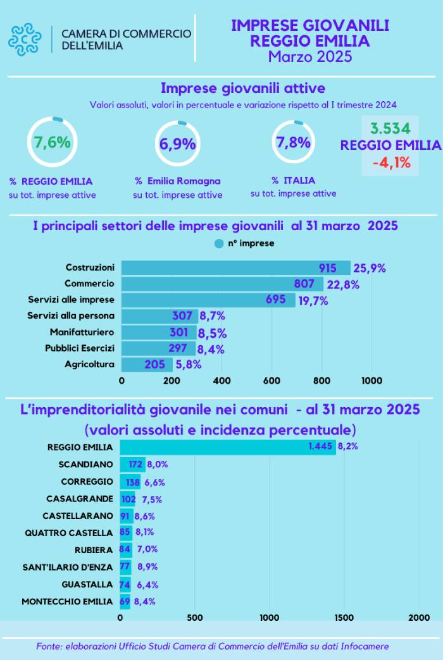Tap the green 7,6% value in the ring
click(x=53, y=142)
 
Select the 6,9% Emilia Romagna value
click(x=177, y=144)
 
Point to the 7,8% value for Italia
click(x=293, y=142)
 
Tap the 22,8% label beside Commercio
click(x=343, y=284)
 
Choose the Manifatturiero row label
click(x=82, y=332)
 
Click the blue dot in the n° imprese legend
click(x=219, y=243)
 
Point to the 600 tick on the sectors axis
click(x=271, y=381)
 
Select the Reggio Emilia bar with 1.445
click(x=228, y=448)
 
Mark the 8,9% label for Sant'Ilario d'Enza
click(x=147, y=566)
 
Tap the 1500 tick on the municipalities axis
click(x=344, y=617)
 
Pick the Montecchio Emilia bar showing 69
click(x=125, y=601)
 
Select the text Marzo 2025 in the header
click(x=310, y=57)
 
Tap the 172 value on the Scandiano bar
click(x=135, y=465)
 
